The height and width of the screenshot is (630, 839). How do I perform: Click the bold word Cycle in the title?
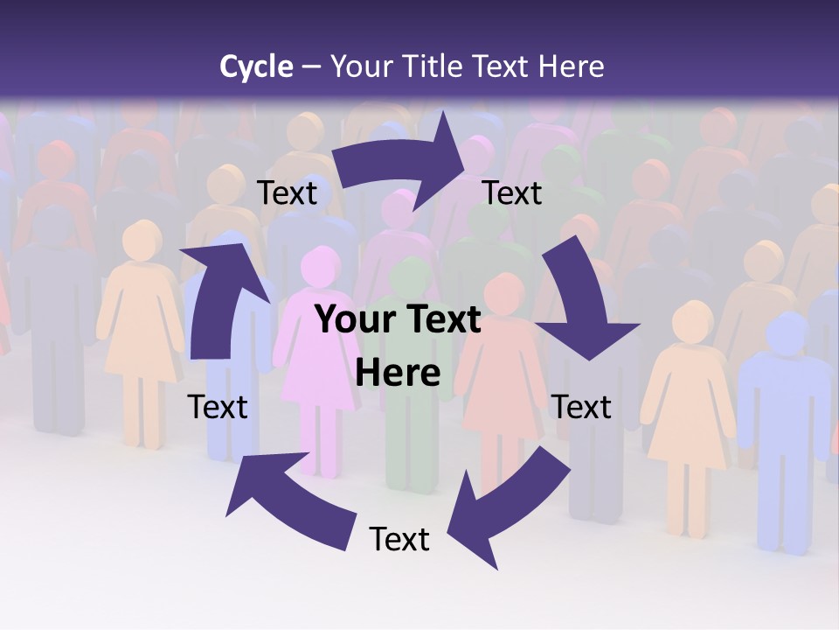(256, 66)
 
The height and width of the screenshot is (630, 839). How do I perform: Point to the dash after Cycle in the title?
(311, 66)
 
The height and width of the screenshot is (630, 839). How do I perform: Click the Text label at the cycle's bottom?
(399, 539)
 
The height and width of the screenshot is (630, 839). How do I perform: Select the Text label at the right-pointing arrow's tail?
(288, 192)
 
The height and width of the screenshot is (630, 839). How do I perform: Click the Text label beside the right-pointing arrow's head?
(512, 192)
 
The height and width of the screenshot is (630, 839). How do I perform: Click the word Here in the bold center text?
(399, 374)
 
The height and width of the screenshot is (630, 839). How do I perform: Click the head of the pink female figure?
(320, 265)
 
